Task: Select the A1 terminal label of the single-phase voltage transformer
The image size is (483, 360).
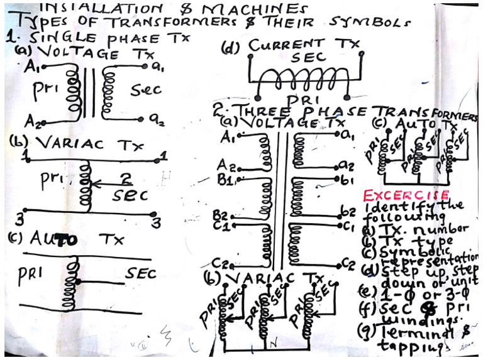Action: tap(33, 68)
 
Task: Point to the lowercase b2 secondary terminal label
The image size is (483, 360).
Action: tap(348, 210)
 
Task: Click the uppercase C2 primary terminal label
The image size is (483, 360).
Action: tap(221, 263)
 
